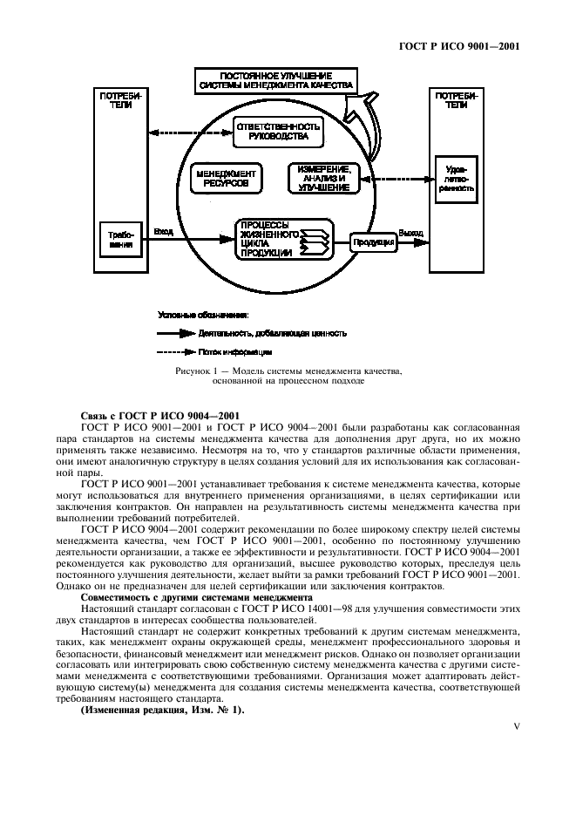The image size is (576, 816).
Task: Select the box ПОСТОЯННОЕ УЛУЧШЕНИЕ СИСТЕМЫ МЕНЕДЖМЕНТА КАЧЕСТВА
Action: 274,81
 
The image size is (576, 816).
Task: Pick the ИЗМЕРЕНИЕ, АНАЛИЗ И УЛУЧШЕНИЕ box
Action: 322,178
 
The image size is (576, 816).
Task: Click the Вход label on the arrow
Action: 163,232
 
